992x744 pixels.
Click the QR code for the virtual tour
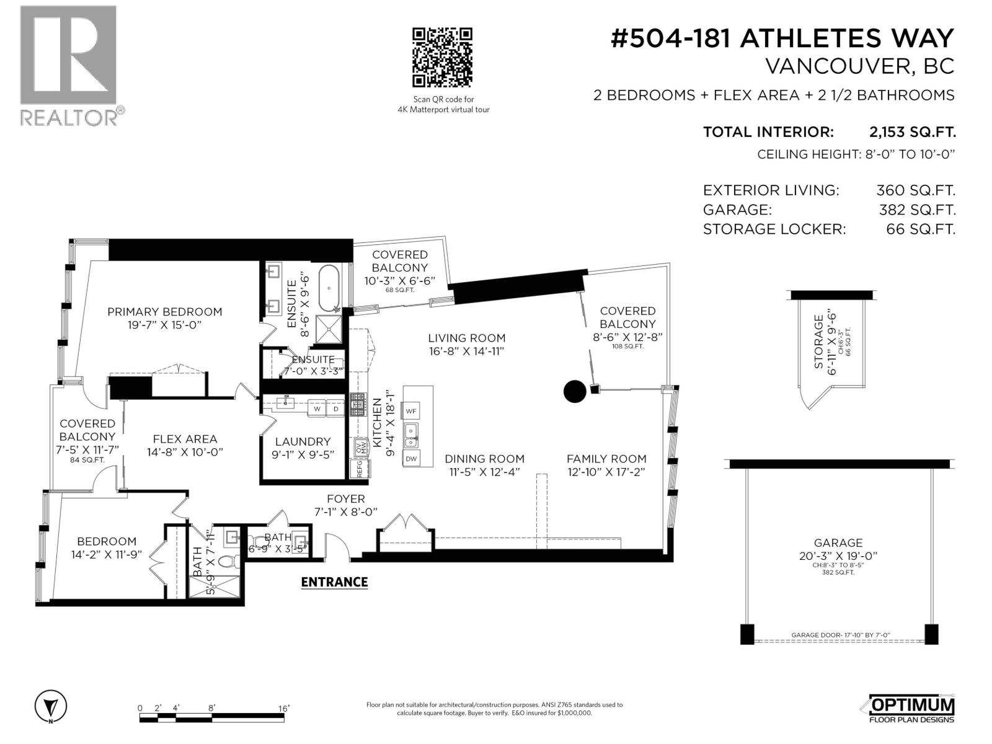(443, 57)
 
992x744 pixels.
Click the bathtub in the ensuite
(329, 286)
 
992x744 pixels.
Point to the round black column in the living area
(574, 391)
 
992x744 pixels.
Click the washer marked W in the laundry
(317, 409)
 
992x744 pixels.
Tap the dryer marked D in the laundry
(335, 409)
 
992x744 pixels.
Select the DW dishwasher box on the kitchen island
(411, 459)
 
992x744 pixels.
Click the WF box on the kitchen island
(411, 410)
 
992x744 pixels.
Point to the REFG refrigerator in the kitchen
(359, 468)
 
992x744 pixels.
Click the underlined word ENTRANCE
(334, 582)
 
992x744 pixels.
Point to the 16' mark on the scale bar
(283, 708)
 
